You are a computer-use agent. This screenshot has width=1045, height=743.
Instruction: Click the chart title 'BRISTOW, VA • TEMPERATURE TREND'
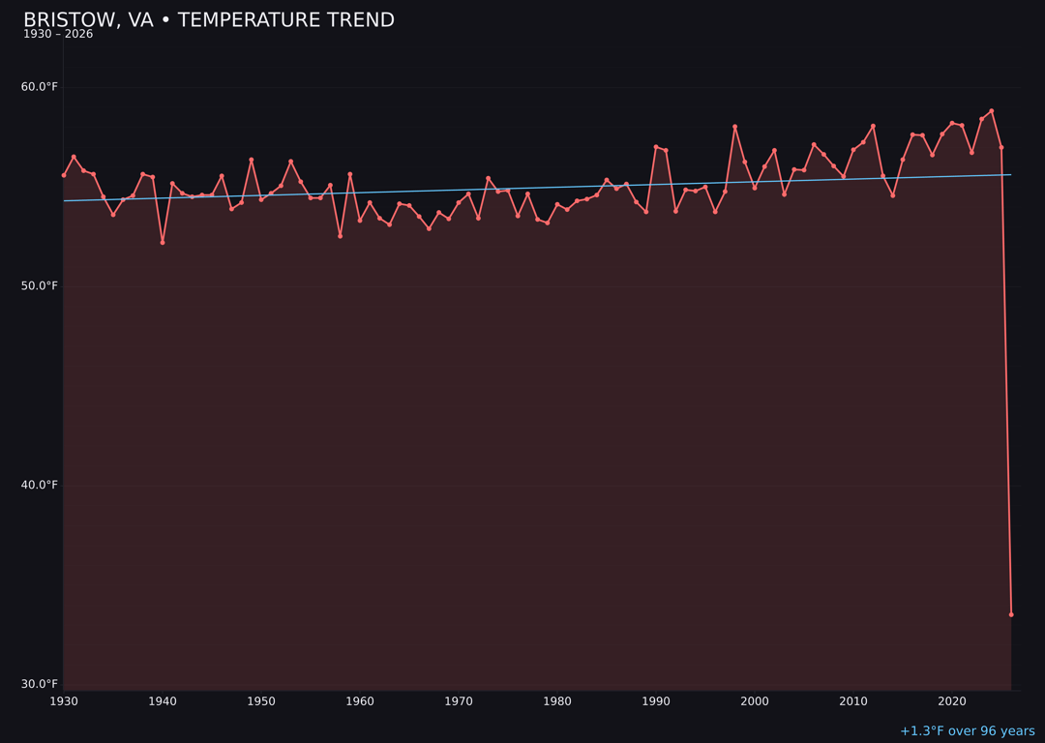click(209, 20)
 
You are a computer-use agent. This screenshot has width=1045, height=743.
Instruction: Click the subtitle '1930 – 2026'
click(58, 35)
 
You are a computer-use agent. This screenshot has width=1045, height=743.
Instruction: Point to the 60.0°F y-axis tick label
click(40, 87)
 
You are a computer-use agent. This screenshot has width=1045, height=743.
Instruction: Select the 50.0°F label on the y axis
click(40, 286)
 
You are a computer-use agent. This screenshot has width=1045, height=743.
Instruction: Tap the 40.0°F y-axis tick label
click(40, 485)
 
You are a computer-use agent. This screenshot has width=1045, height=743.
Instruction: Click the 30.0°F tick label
click(40, 684)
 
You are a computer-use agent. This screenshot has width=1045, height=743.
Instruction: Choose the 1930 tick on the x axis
click(64, 701)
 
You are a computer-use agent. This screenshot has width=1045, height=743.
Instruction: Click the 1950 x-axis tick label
click(261, 701)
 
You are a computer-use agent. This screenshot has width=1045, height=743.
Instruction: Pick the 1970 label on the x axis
click(459, 701)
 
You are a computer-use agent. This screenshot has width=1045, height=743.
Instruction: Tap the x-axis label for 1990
click(656, 701)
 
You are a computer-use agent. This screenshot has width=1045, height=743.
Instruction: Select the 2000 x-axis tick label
click(755, 701)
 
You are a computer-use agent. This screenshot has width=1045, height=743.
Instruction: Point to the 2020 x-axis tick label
click(952, 701)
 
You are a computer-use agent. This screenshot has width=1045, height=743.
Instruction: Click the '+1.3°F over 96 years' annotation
click(967, 731)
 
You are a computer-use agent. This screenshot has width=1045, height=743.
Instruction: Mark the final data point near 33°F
click(1011, 614)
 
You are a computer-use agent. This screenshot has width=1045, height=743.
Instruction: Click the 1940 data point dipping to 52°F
click(163, 242)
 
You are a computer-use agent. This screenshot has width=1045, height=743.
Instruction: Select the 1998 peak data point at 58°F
click(734, 127)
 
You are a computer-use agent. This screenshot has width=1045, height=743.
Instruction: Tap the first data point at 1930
click(64, 175)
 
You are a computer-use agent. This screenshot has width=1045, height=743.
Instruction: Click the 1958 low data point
click(340, 236)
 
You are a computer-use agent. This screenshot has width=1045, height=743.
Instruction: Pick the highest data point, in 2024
click(992, 111)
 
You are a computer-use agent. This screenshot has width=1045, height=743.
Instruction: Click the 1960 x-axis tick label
click(360, 701)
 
